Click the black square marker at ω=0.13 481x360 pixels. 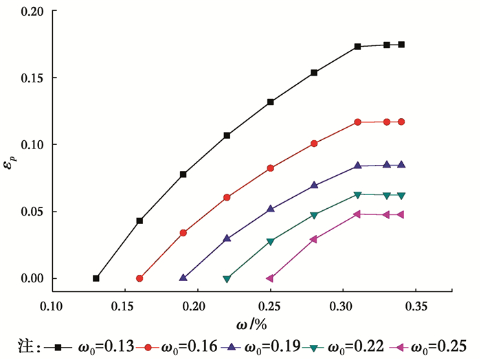point(96,278)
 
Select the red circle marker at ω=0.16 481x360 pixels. point(139,278)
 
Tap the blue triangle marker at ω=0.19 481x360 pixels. point(183,278)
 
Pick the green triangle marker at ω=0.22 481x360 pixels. point(227,279)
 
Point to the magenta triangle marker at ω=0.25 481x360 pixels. point(270,278)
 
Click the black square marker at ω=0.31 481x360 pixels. point(358,47)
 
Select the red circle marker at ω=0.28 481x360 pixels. point(314,144)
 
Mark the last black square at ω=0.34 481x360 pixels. point(401,45)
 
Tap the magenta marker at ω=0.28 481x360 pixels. point(314,239)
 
